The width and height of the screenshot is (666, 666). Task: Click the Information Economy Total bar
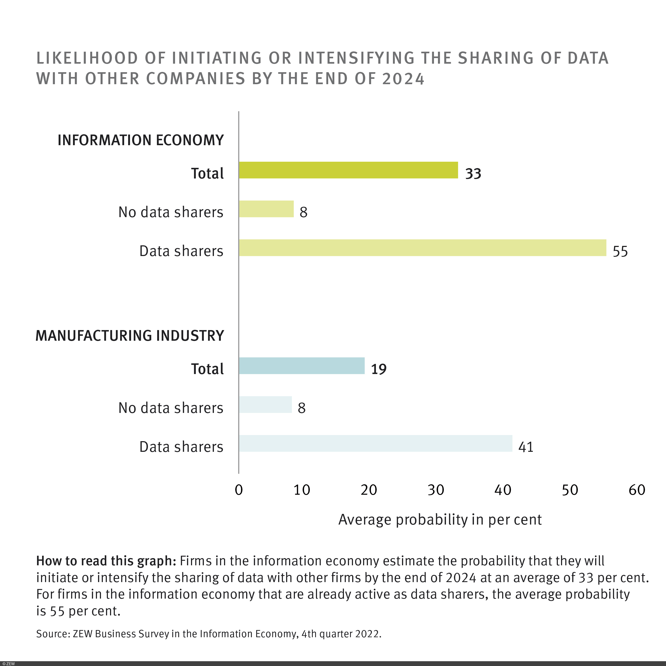click(x=348, y=170)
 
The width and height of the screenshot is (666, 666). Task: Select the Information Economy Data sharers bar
click(x=422, y=247)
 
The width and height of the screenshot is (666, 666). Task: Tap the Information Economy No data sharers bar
click(x=266, y=209)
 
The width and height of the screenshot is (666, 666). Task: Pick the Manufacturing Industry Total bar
click(x=302, y=366)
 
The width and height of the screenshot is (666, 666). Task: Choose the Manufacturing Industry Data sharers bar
click(x=375, y=443)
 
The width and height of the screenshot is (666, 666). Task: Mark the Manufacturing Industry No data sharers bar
click(x=265, y=405)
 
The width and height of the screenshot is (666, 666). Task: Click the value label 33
click(x=473, y=174)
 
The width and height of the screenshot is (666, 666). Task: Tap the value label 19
click(x=379, y=369)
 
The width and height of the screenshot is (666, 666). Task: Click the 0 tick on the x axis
click(x=238, y=490)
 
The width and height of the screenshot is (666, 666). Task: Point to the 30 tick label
click(x=436, y=490)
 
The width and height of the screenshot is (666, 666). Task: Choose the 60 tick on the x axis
click(x=637, y=490)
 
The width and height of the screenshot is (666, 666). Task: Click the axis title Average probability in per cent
click(x=440, y=520)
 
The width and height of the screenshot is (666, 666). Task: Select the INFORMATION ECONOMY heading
click(x=141, y=140)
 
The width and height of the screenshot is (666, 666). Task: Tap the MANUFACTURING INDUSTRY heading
click(x=130, y=336)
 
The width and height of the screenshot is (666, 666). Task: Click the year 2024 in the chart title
click(x=403, y=79)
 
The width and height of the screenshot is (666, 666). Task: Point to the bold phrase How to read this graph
click(x=106, y=561)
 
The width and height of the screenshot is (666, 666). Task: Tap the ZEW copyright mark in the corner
click(x=9, y=664)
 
